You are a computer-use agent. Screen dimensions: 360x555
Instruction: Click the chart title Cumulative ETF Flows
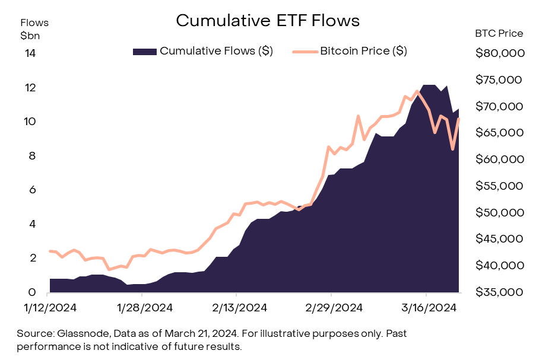pos(268,21)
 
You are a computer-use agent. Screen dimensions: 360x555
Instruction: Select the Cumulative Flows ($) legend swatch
pos(144,51)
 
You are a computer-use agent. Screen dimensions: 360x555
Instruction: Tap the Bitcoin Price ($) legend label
pos(363,51)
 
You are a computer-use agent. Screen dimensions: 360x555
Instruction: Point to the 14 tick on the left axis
pos(30,53)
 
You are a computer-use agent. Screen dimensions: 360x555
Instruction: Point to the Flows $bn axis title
pos(34,28)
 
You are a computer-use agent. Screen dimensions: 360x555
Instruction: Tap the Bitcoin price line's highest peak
pos(417,91)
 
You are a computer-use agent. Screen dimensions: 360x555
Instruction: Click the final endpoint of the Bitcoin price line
pos(458,119)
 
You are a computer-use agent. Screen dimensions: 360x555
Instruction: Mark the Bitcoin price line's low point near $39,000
pos(109,269)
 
